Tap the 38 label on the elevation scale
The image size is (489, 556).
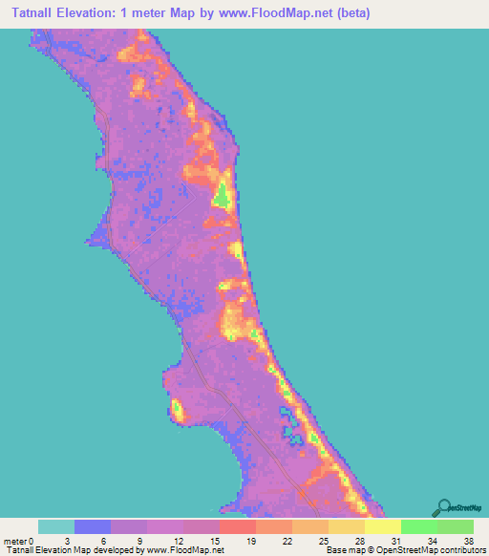click(x=468, y=540)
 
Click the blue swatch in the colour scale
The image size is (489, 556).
click(x=93, y=526)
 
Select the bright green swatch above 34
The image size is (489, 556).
click(x=419, y=526)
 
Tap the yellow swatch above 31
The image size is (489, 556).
click(x=383, y=526)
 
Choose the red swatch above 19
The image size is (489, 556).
click(x=238, y=526)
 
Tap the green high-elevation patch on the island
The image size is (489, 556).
click(x=222, y=195)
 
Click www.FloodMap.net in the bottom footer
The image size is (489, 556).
click(x=181, y=550)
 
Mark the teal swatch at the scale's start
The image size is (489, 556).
click(x=56, y=526)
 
